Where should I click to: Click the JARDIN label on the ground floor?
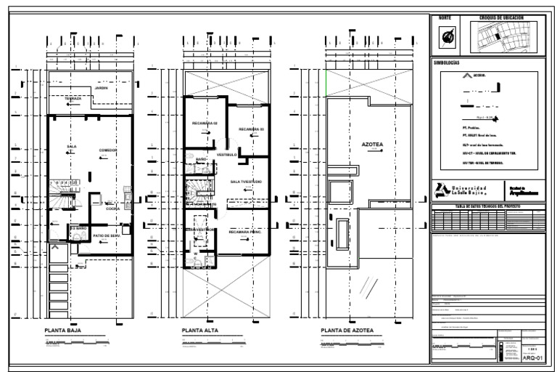(101, 88)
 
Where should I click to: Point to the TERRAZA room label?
(73, 97)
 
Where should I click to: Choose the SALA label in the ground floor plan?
(71, 146)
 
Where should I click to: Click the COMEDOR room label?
(108, 149)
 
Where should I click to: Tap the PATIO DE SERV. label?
(106, 235)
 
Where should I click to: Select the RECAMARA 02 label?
(204, 123)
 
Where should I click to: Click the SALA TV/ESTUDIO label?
(245, 181)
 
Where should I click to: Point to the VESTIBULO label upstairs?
(227, 154)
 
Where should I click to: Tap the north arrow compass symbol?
(446, 36)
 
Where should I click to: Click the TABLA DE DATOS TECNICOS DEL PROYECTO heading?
(487, 206)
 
